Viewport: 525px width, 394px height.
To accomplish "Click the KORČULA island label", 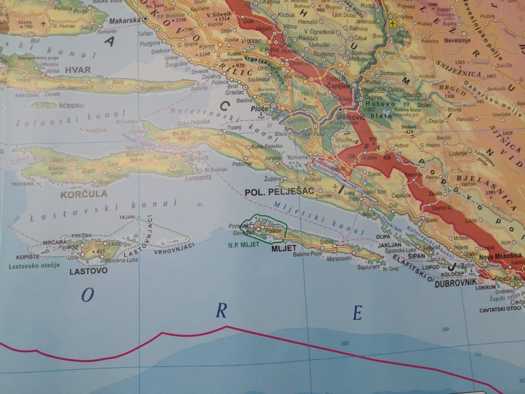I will (x=83, y=194).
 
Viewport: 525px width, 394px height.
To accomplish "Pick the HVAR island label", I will (x=78, y=69).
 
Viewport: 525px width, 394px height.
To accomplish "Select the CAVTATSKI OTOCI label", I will (x=502, y=308).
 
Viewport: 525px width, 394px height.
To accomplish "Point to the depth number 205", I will (x=344, y=343).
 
